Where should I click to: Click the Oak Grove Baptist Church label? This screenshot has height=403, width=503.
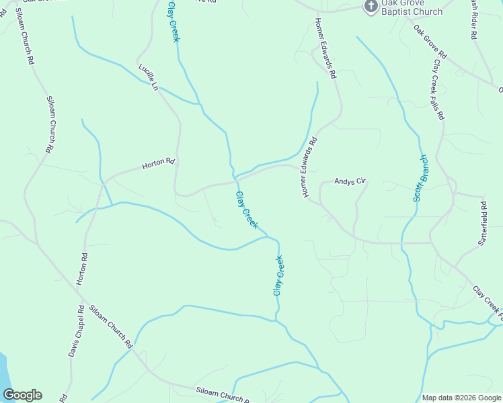(412, 7)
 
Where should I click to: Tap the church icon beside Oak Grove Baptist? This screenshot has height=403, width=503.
(371, 6)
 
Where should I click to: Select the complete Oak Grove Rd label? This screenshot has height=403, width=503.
(430, 42)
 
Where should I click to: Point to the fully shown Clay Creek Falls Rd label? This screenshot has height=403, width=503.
(438, 89)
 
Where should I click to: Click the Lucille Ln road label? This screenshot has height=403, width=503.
(149, 77)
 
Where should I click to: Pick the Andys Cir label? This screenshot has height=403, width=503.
(350, 181)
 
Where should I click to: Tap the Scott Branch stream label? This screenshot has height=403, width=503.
(420, 179)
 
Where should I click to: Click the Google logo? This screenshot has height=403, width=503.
(22, 395)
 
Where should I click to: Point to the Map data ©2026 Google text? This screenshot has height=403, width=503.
(461, 398)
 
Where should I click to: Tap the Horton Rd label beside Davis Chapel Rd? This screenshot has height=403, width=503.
(81, 269)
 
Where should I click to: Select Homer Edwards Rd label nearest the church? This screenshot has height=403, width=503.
(325, 48)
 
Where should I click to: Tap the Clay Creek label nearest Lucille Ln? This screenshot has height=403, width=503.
(173, 21)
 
